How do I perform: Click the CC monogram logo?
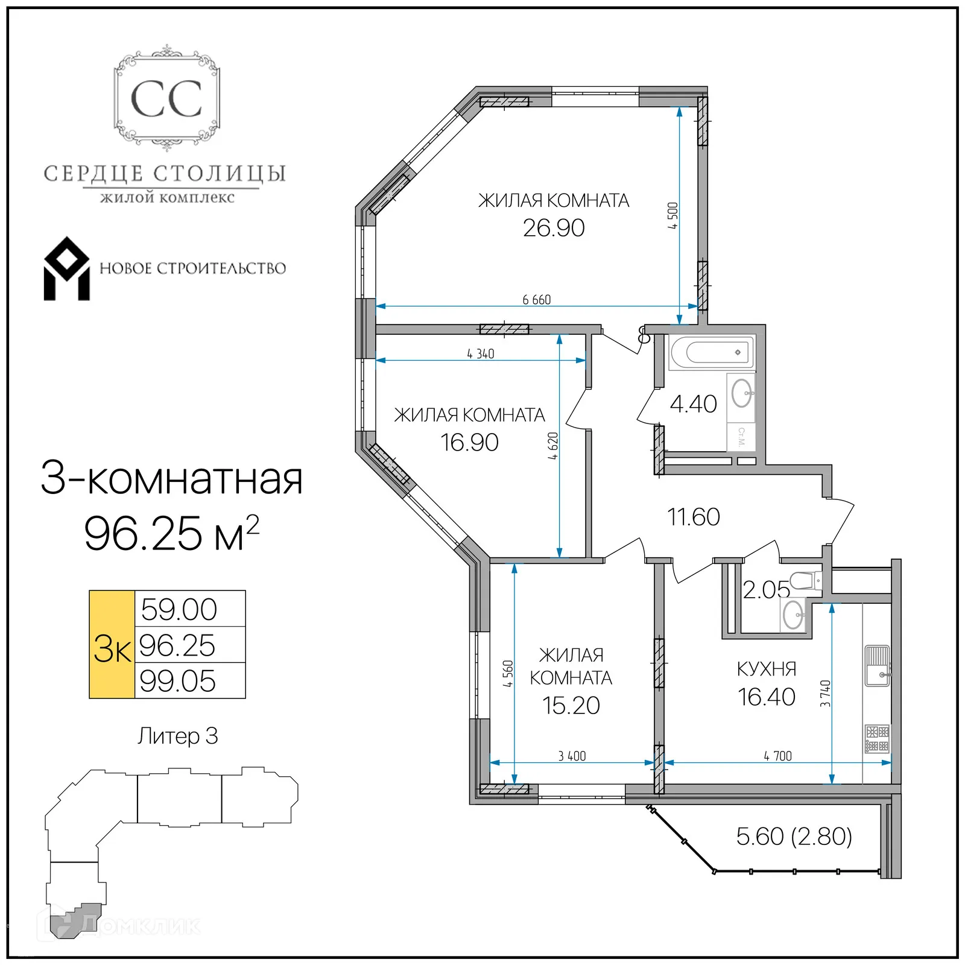point(166,99)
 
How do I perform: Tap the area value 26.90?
point(553,228)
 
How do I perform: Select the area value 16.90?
point(469,443)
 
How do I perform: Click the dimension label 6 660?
point(536,300)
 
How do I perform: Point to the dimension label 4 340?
point(480,354)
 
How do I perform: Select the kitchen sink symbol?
point(877,666)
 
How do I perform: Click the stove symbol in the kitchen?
point(877,739)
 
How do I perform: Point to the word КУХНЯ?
point(767,669)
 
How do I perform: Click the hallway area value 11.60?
point(693,517)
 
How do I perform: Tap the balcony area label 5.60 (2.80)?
point(794,837)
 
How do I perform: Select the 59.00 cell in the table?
point(179,609)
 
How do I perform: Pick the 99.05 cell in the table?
point(177,682)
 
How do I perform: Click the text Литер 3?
point(177,736)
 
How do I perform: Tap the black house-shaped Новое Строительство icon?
point(66,269)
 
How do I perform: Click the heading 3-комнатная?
point(171,479)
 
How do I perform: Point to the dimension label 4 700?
point(777,756)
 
